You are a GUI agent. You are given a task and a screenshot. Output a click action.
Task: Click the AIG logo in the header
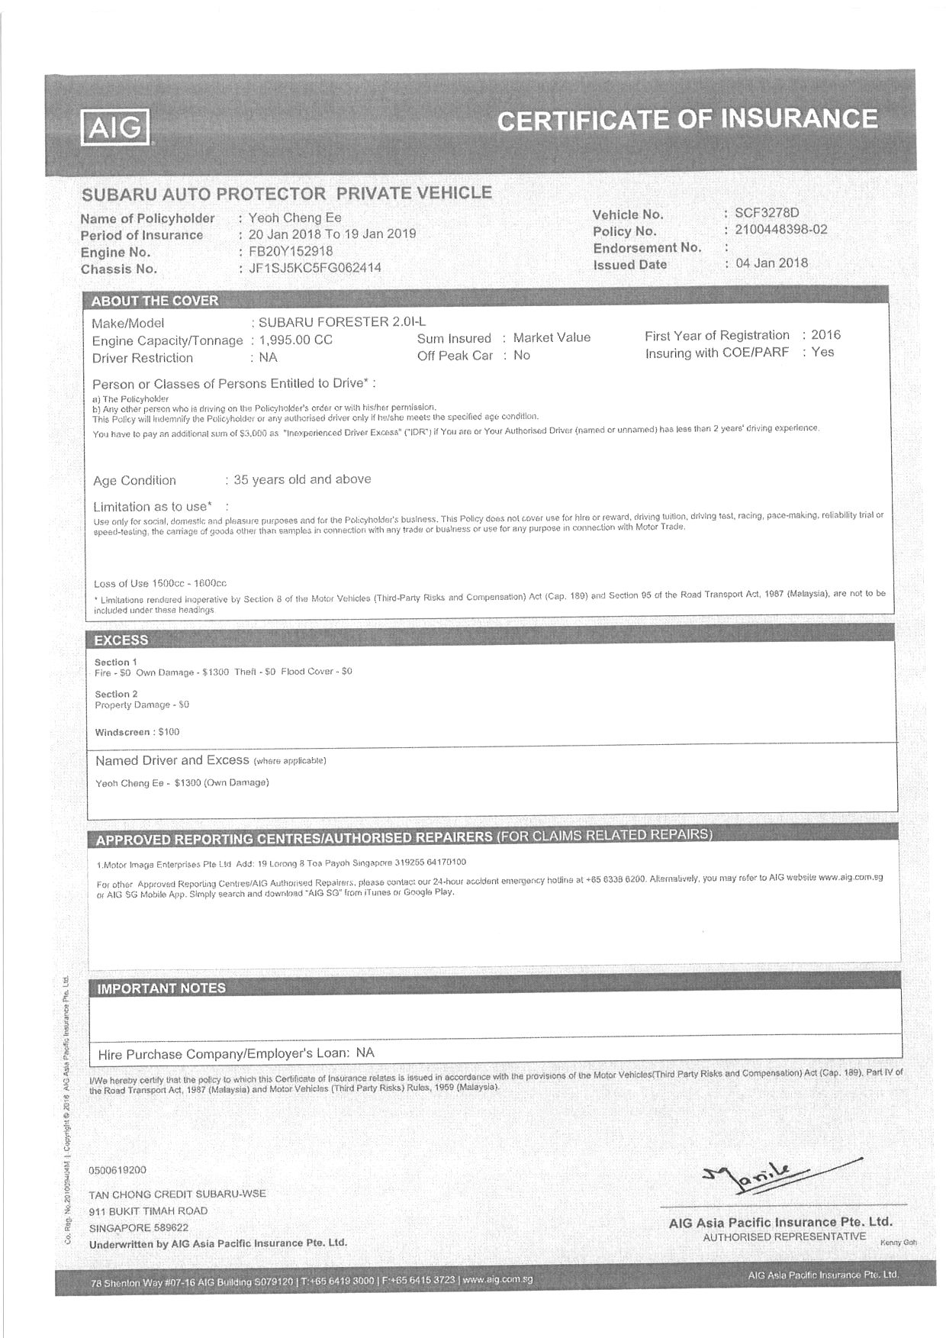click(x=116, y=127)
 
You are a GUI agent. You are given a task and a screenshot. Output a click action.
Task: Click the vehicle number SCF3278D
click(x=767, y=213)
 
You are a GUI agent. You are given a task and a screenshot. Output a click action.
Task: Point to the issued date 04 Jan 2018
click(x=771, y=263)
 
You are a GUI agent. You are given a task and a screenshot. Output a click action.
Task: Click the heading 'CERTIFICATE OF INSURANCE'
click(x=687, y=120)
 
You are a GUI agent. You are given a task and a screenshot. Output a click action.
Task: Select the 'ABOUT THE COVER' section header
click(x=155, y=301)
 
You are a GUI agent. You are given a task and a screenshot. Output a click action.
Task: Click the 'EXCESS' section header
click(x=121, y=640)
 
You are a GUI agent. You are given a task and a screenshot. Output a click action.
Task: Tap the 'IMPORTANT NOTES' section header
click(x=162, y=988)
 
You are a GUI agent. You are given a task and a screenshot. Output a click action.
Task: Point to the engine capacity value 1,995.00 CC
click(x=296, y=340)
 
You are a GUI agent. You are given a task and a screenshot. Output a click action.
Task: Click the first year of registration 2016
click(x=825, y=335)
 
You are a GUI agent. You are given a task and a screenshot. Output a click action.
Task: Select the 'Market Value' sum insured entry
click(x=552, y=337)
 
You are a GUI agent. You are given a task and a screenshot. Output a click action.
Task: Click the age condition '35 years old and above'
click(x=302, y=479)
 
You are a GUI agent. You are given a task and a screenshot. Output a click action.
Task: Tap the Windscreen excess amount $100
click(x=169, y=732)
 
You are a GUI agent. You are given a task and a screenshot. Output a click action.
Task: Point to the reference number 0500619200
click(x=117, y=1170)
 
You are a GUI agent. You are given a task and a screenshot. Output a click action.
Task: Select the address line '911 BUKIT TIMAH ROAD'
click(x=148, y=1211)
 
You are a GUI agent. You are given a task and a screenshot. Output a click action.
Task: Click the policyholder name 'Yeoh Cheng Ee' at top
click(x=295, y=218)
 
